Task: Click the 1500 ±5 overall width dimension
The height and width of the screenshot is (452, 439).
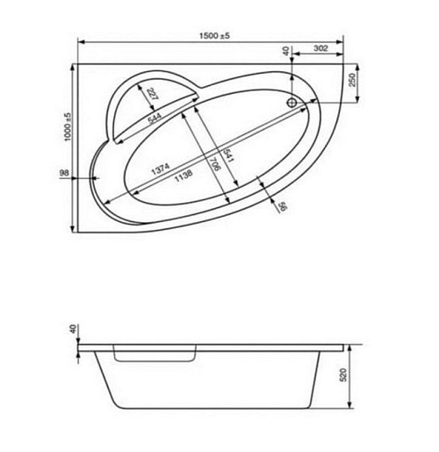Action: click(x=214, y=36)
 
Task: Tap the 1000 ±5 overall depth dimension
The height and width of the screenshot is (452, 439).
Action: click(x=68, y=126)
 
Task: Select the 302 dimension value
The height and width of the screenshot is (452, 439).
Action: click(x=320, y=48)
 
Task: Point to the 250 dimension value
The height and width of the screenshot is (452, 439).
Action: click(x=352, y=80)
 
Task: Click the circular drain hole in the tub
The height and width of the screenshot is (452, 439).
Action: click(x=291, y=103)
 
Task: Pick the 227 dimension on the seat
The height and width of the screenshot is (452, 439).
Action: click(x=152, y=94)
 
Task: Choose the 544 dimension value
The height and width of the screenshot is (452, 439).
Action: click(x=154, y=118)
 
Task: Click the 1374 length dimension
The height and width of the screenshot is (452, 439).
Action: click(x=161, y=169)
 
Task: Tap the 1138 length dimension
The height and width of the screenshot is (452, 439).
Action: click(x=184, y=176)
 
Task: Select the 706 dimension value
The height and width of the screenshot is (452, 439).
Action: click(x=215, y=164)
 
